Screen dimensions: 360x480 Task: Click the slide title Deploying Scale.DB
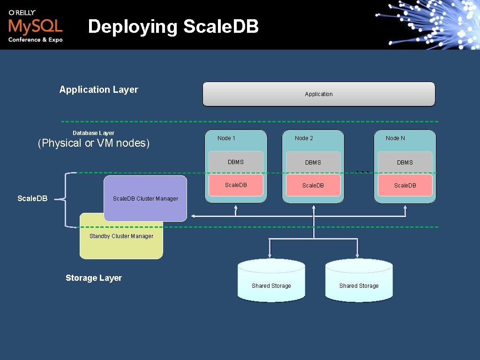173,27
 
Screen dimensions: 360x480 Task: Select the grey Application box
319,94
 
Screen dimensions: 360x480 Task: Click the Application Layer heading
98,90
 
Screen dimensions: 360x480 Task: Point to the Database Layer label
93,133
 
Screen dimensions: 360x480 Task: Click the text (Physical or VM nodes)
93,143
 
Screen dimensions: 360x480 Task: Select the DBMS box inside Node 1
236,162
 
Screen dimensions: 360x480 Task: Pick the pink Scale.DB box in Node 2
313,186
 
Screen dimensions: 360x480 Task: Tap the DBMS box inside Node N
405,162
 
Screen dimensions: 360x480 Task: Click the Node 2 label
304,138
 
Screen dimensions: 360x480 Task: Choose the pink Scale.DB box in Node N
405,186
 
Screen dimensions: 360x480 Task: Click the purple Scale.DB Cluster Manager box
145,198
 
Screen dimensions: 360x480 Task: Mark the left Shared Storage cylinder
271,281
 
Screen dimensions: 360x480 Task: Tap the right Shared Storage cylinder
359,281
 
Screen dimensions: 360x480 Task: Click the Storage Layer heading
94,278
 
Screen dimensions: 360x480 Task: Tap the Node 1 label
226,138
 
